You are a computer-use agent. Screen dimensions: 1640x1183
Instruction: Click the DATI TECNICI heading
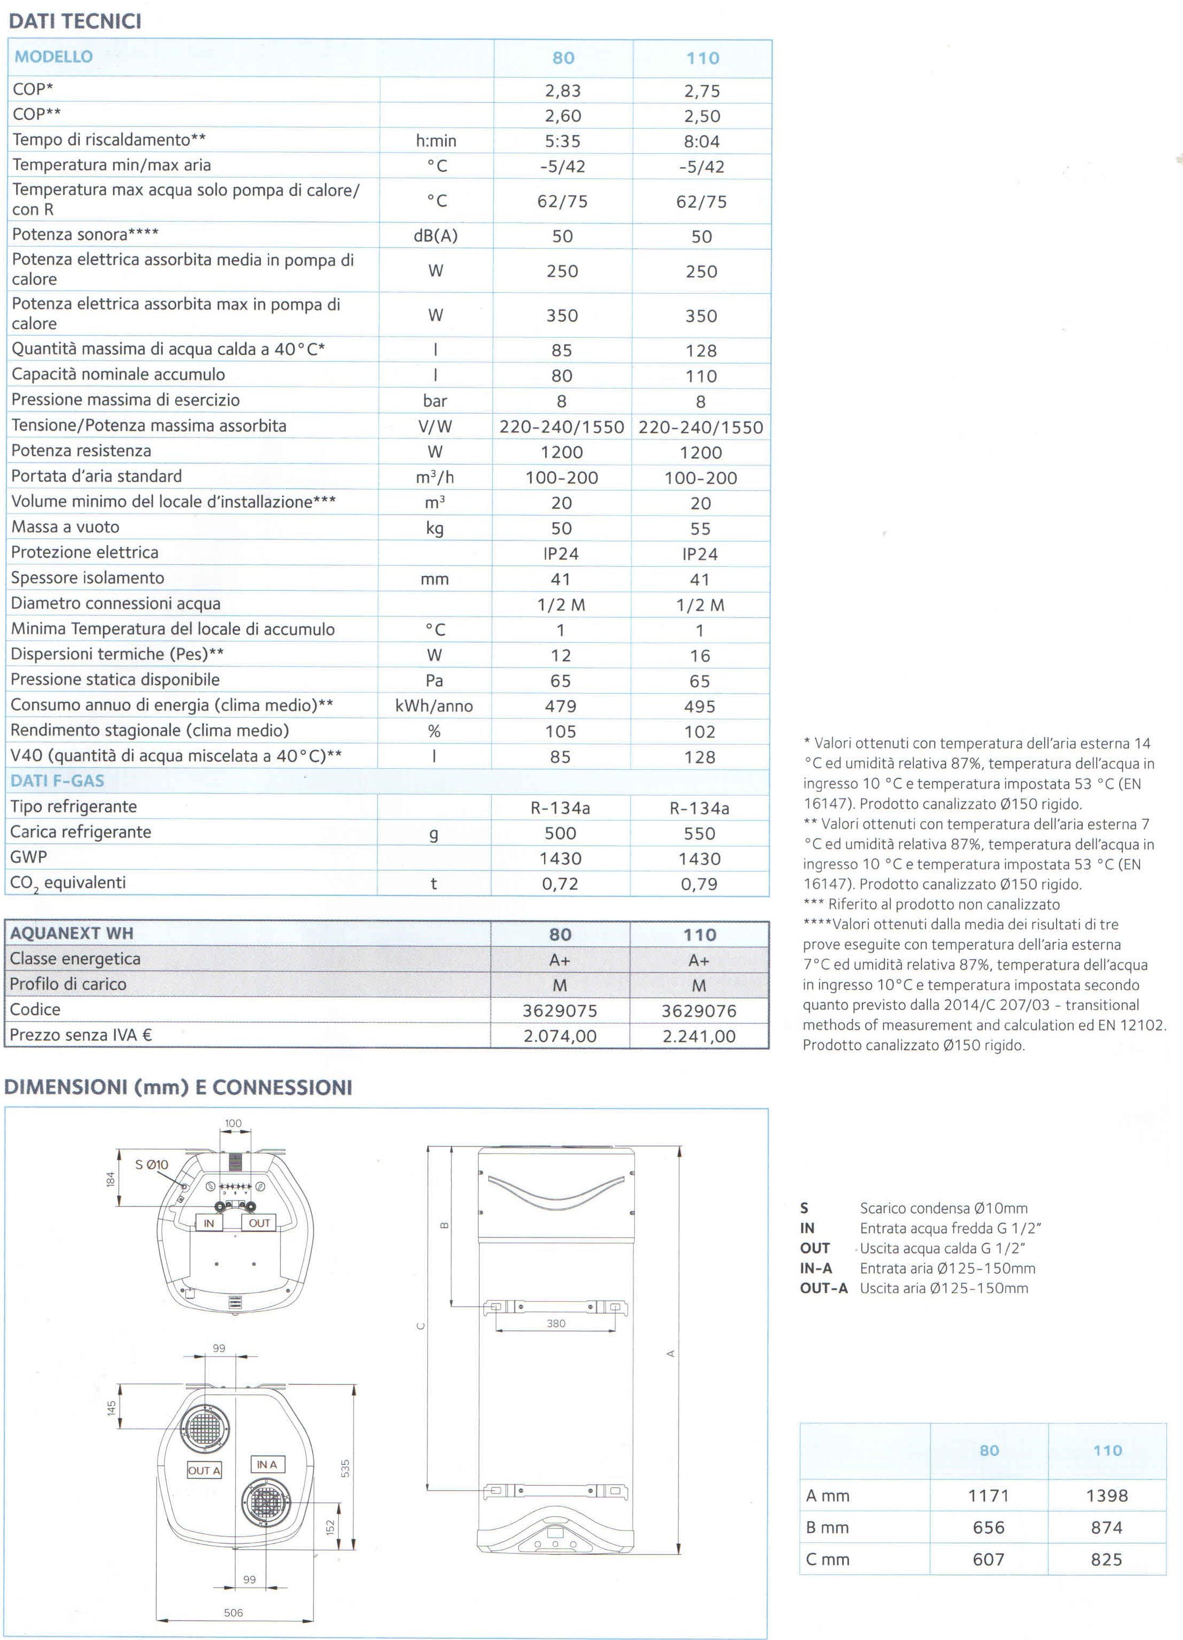click(x=75, y=21)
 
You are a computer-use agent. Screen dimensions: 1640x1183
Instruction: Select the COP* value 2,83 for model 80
click(x=563, y=91)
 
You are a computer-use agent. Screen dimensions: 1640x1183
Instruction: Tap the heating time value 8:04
click(x=702, y=142)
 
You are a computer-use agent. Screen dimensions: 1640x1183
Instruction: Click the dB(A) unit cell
click(x=435, y=236)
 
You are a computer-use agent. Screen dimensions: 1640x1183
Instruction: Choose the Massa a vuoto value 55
click(x=700, y=529)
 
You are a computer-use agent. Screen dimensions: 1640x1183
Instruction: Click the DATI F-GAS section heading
click(x=57, y=781)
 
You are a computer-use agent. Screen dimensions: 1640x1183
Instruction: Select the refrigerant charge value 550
click(x=700, y=834)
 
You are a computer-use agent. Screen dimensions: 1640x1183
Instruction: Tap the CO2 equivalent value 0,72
click(x=560, y=885)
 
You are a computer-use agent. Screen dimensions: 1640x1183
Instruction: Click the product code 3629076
click(x=698, y=1011)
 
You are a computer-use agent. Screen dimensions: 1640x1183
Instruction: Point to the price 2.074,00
click(x=560, y=1036)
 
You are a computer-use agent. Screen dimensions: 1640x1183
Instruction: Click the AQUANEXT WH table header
click(x=72, y=933)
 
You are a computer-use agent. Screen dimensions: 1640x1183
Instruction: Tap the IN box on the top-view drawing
click(x=209, y=1223)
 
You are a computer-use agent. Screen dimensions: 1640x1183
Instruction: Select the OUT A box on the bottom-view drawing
click(x=204, y=1471)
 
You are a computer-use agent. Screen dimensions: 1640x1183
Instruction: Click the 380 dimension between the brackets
click(x=555, y=1324)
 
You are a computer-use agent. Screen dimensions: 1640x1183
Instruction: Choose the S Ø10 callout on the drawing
click(x=152, y=1165)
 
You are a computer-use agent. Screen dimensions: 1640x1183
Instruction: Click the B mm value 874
click(x=1106, y=1528)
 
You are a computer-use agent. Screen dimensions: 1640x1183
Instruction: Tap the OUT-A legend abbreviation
click(x=824, y=1288)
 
